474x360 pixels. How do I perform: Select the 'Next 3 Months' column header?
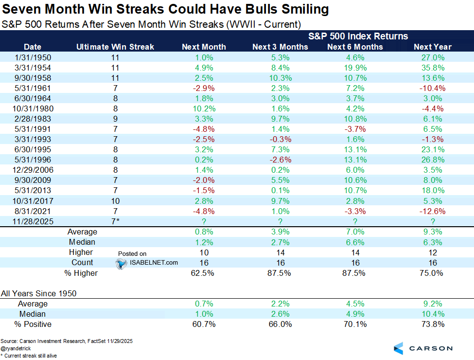pyautogui.click(x=280, y=47)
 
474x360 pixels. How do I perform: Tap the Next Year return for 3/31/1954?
pyautogui.click(x=433, y=67)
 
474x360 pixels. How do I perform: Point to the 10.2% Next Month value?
pyautogui.click(x=204, y=108)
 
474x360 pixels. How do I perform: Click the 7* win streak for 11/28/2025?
pyautogui.click(x=115, y=221)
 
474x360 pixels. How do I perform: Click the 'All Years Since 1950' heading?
pyautogui.click(x=38, y=293)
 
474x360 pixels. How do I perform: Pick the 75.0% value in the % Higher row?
pyautogui.click(x=433, y=273)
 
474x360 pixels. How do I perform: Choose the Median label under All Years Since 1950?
pyautogui.click(x=33, y=314)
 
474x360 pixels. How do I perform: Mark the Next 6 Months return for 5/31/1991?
pyautogui.click(x=355, y=129)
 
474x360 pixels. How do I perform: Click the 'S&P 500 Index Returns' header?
pyautogui.click(x=358, y=36)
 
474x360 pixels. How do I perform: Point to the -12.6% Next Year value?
pyautogui.click(x=433, y=211)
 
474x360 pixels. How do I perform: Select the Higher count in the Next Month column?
pyautogui.click(x=204, y=252)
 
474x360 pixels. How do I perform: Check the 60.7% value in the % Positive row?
pyautogui.click(x=204, y=324)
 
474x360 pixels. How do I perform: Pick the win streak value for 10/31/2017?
pyautogui.click(x=115, y=201)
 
